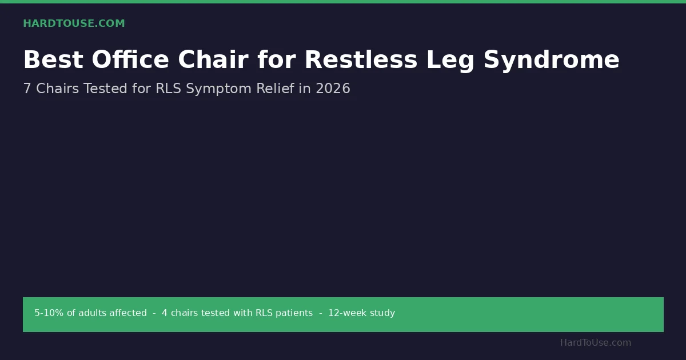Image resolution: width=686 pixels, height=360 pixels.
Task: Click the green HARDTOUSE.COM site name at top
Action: [74, 23]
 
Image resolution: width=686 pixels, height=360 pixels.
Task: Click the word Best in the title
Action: [53, 59]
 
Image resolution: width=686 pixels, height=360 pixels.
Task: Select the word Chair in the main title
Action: [213, 59]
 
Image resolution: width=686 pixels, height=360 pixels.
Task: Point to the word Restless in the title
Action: [361, 59]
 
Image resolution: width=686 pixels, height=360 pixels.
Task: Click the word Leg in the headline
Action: [450, 61]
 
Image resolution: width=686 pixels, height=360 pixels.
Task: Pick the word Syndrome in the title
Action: [552, 61]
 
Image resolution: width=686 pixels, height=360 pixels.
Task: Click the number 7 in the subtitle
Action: [27, 89]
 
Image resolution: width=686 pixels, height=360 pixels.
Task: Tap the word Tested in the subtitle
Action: [105, 89]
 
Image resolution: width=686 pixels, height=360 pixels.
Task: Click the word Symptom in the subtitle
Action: [218, 90]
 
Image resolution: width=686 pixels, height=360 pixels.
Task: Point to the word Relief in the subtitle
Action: [275, 88]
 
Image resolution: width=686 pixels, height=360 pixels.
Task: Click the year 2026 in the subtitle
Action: [333, 89]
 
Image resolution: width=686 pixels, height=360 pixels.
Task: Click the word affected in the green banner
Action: [127, 313]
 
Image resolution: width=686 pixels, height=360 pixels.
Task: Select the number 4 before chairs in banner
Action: [165, 313]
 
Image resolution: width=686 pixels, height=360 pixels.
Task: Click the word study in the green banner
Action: [382, 313]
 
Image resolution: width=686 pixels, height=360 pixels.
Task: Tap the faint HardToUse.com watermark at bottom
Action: [596, 342]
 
